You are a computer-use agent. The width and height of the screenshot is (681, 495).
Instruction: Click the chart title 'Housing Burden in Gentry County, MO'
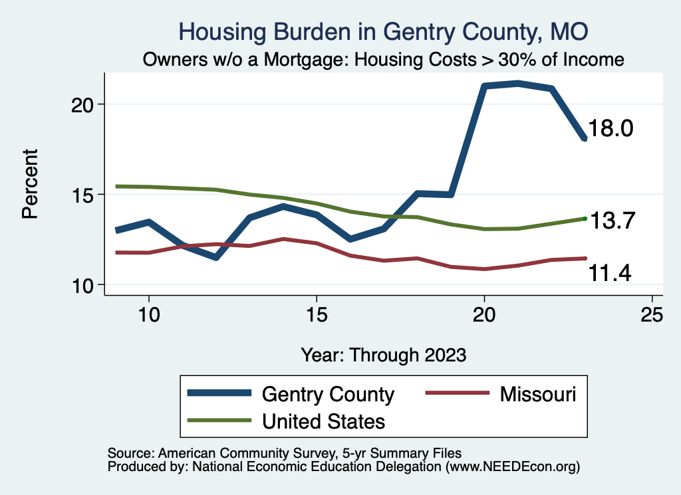[x=384, y=32]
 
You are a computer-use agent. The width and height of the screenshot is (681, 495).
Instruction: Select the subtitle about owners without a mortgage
[x=384, y=60]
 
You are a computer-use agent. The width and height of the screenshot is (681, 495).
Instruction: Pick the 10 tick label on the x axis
[x=148, y=316]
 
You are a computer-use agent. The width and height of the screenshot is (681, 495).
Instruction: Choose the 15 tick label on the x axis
[x=317, y=316]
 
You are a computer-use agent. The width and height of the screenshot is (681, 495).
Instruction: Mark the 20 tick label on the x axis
[x=484, y=316]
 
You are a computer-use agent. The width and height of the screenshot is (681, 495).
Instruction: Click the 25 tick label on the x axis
[x=652, y=316]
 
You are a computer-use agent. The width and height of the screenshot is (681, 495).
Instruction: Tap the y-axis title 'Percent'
[x=29, y=193]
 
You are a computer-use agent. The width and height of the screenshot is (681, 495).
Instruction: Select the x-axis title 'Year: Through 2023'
[x=384, y=353]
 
